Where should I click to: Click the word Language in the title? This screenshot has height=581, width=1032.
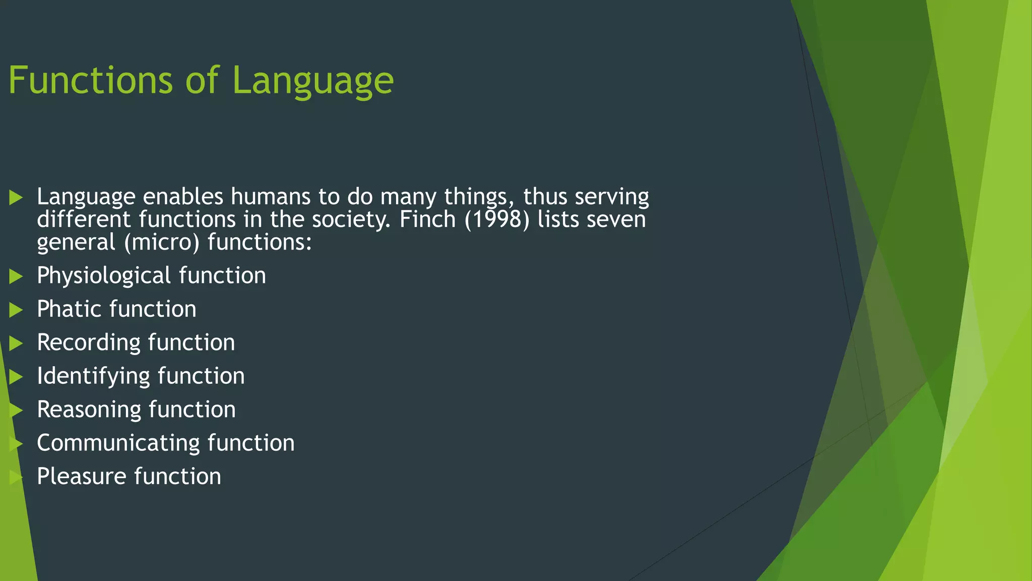[x=312, y=81]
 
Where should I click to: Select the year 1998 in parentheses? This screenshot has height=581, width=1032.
[x=497, y=220]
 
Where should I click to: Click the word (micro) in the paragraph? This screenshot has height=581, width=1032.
[x=162, y=243]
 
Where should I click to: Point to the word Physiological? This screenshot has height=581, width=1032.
[x=104, y=276]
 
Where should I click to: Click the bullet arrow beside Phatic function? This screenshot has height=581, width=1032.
[x=16, y=310]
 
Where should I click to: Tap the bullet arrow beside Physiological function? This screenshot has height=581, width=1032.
[x=16, y=276]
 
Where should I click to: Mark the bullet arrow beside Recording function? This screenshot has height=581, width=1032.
[x=16, y=343]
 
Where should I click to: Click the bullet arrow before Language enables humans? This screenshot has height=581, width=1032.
[x=16, y=197]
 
